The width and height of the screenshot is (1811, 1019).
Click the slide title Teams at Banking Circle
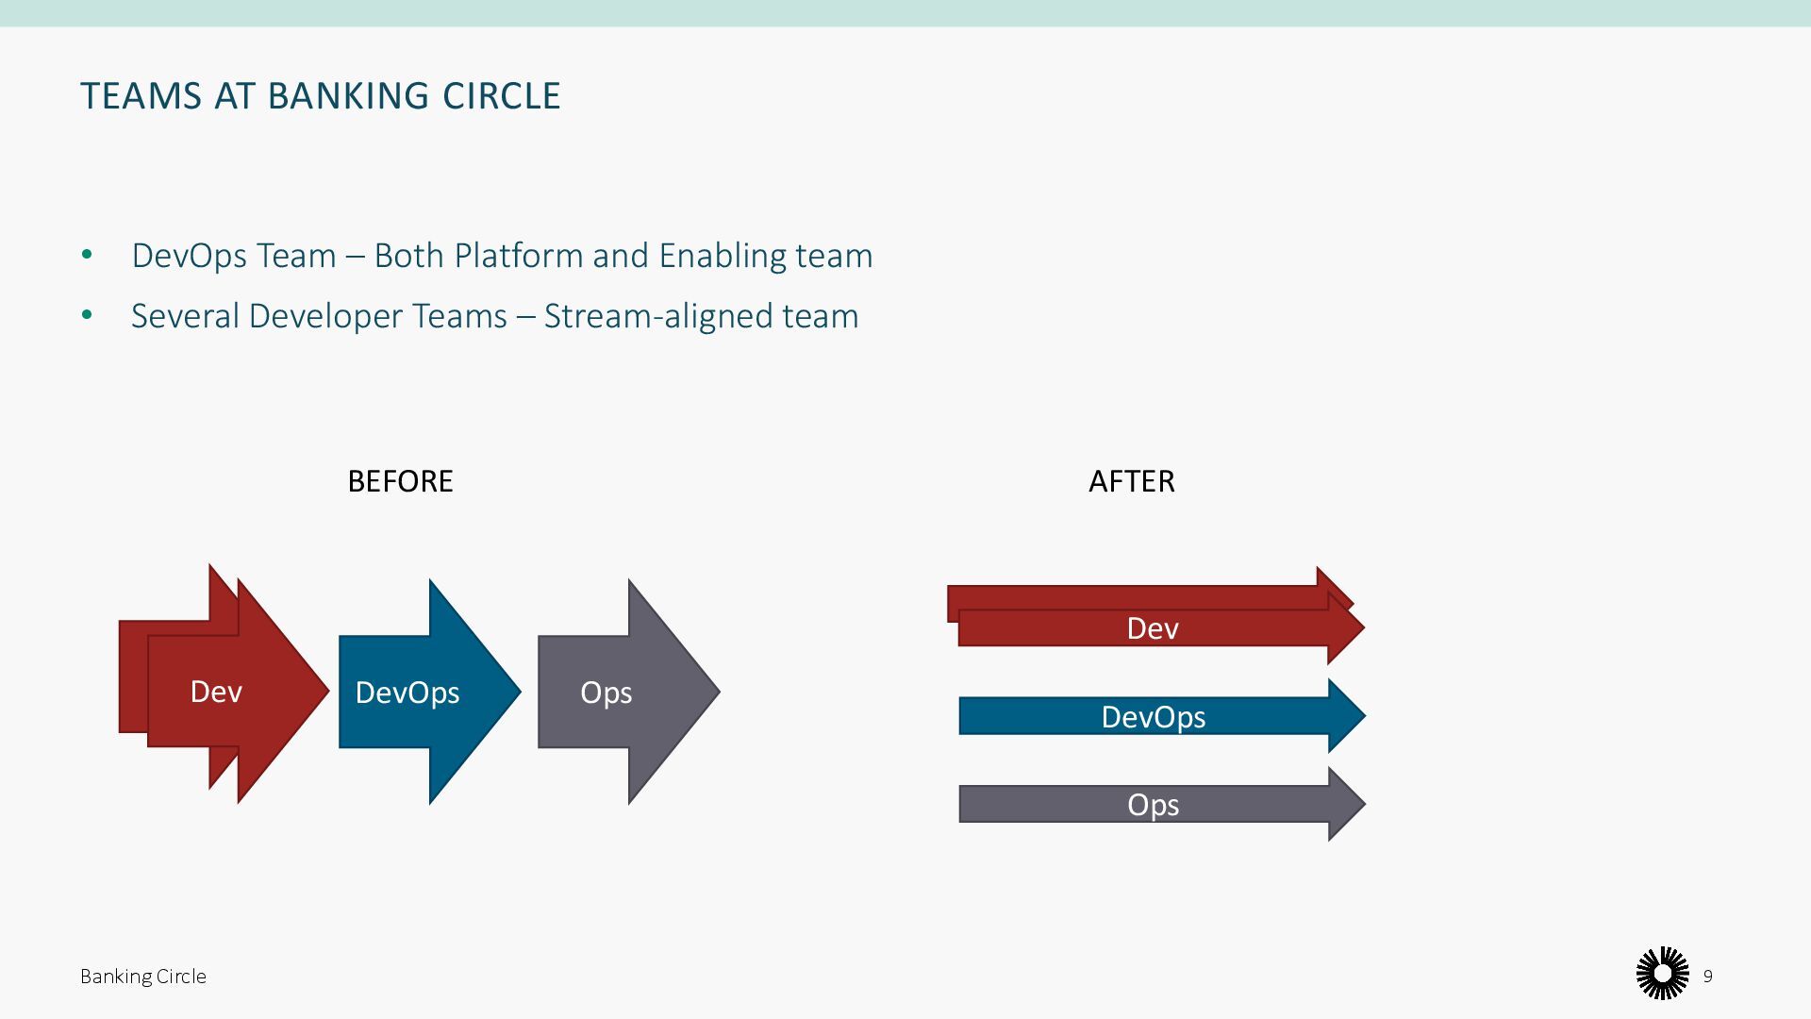(320, 96)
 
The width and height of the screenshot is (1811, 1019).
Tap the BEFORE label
(400, 481)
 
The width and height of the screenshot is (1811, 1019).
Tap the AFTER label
(1131, 481)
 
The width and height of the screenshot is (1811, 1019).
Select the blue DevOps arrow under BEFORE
(415, 693)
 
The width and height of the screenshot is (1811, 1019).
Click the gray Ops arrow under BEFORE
(613, 693)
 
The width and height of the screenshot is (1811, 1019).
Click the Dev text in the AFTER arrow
(1153, 628)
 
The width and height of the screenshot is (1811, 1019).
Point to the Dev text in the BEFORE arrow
(216, 692)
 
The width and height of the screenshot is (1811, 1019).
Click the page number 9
(1707, 976)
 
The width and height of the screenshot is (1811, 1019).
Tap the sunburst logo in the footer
(1662, 974)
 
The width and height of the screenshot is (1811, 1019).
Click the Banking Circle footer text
(143, 977)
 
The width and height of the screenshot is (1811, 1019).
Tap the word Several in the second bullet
(185, 316)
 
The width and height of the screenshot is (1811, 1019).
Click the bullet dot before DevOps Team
(88, 255)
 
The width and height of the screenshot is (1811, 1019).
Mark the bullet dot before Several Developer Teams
(88, 315)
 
